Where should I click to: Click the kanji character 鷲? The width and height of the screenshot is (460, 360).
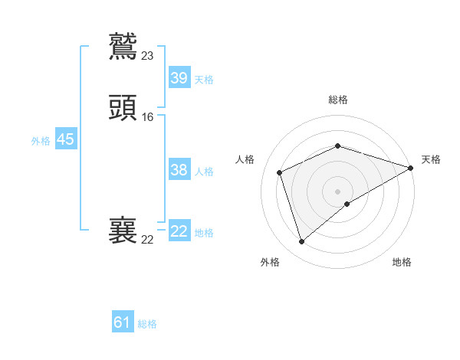(123, 46)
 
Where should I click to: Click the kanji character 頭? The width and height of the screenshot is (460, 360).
(123, 107)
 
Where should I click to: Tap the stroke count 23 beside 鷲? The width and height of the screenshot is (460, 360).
(148, 55)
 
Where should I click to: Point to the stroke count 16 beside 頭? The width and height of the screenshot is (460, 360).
(148, 117)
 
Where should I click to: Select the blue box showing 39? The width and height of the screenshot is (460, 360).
(179, 78)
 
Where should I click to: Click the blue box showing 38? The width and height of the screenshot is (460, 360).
(179, 170)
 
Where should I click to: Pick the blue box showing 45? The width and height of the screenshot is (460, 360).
(65, 139)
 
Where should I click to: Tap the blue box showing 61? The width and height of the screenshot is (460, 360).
(123, 322)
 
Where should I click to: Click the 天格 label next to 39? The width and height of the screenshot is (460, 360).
(204, 80)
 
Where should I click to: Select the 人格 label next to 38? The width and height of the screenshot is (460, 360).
(204, 172)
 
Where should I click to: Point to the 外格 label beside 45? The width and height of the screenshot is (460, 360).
(40, 141)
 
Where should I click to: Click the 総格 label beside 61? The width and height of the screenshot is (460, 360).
(147, 324)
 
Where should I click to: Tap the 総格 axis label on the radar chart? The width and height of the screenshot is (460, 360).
(338, 100)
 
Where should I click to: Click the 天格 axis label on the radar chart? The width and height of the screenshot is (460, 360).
(431, 159)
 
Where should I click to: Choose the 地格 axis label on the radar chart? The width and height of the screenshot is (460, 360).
(402, 262)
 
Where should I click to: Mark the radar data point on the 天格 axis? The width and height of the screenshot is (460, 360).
(411, 168)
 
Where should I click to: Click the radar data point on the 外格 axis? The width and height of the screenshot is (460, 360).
(301, 242)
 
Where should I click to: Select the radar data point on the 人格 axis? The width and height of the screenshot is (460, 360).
(280, 172)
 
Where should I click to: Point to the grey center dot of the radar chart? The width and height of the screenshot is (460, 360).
(338, 191)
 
